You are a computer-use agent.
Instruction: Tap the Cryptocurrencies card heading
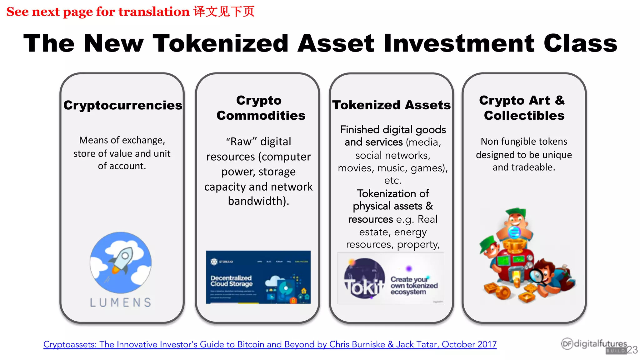click(122, 105)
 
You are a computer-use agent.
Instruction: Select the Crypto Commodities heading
click(260, 108)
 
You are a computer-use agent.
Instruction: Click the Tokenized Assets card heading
click(391, 105)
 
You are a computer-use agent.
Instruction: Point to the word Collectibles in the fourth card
click(524, 116)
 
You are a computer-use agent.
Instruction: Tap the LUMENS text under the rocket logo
click(121, 302)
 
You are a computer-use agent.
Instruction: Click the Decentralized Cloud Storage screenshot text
click(231, 281)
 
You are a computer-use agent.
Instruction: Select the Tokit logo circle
click(364, 278)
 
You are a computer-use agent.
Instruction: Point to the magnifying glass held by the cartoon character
click(537, 275)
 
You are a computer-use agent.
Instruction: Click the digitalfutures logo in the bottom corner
click(594, 345)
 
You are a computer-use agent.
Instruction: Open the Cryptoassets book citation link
click(270, 344)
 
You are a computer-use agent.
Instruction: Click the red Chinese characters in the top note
click(224, 12)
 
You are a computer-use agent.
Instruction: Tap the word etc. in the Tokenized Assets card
click(392, 181)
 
